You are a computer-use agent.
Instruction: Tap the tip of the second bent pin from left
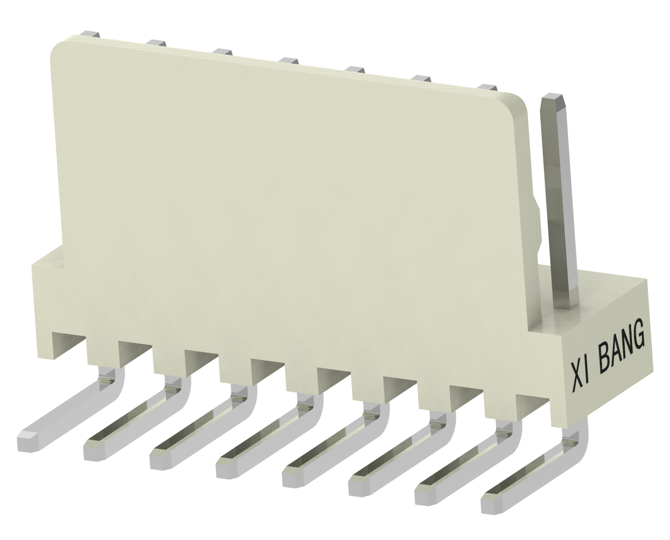(x=94, y=450)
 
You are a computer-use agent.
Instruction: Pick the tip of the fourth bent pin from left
(x=227, y=468)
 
